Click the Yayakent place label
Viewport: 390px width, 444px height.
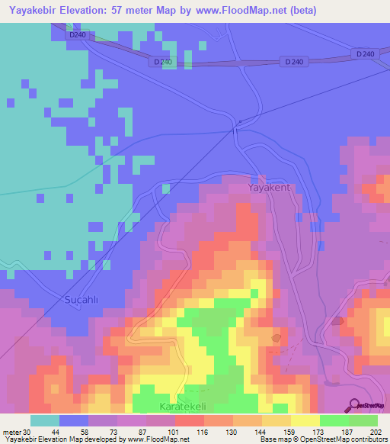tap(270, 187)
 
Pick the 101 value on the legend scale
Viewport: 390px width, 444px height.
tap(161, 432)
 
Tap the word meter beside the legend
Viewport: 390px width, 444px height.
tap(11, 432)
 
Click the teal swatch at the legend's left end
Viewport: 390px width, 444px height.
tap(45, 420)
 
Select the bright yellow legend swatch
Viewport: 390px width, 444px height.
tap(305, 420)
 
